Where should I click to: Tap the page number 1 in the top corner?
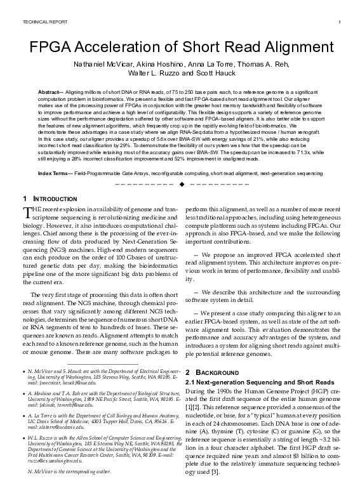pyautogui.click(x=340, y=23)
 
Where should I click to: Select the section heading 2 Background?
pyautogui.click(x=209, y=371)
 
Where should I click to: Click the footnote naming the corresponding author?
pyautogui.click(x=67, y=473)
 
